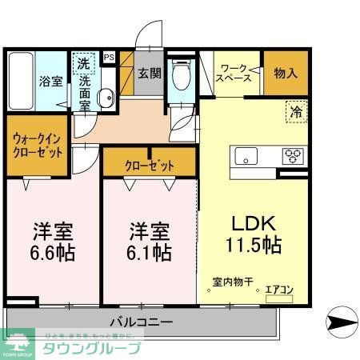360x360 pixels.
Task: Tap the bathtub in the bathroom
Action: [x=21, y=82]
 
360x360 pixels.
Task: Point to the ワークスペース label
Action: [x=236, y=74]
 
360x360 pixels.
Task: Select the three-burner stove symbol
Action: [x=291, y=155]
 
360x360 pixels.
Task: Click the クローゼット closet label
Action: [x=150, y=166]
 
